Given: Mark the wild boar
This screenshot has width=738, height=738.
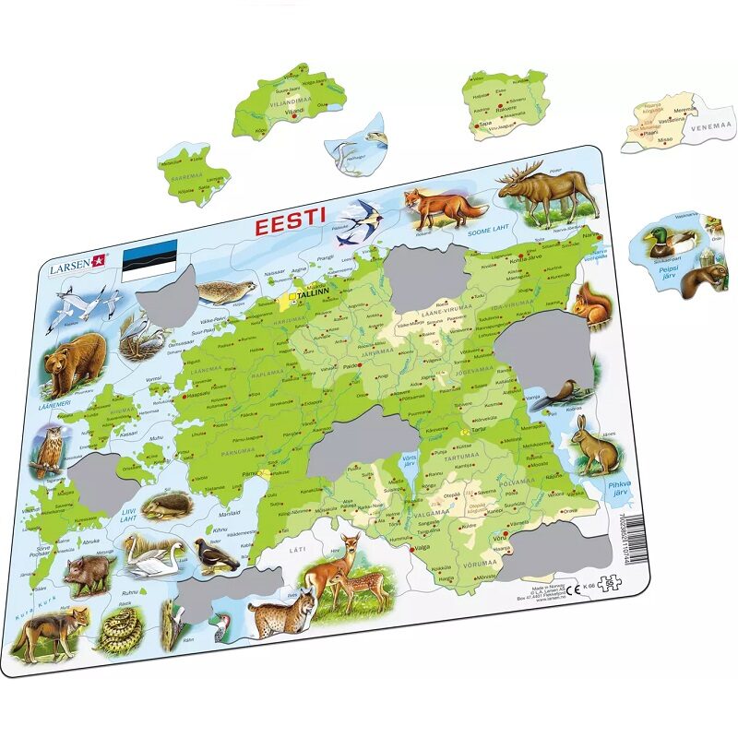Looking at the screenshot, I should [90, 571].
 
